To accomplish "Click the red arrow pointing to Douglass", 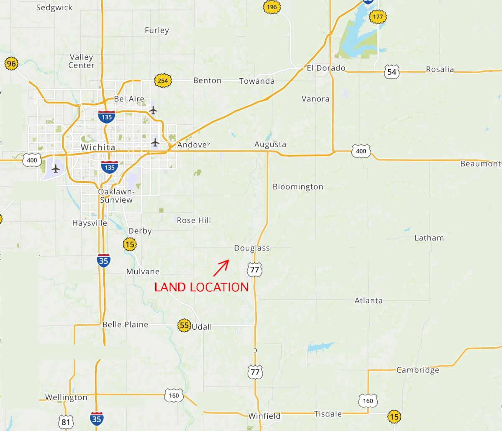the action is [x=221, y=268].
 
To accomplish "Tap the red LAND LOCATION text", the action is [x=201, y=287].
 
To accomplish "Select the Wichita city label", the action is [x=98, y=147].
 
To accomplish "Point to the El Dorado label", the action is [x=326, y=68].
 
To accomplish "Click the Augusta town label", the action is [x=270, y=145].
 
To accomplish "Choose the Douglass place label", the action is [x=252, y=248].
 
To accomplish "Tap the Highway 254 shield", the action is [x=163, y=80].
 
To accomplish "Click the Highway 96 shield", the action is [x=11, y=64].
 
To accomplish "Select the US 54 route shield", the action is [x=392, y=72].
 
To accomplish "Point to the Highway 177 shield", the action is [x=378, y=17].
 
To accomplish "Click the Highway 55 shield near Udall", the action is [x=184, y=325].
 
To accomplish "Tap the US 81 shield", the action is [x=66, y=422].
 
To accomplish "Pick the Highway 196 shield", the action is [x=271, y=7].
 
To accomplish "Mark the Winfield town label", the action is [x=264, y=416].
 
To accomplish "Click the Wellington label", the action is [x=66, y=397].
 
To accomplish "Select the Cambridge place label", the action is [x=418, y=370].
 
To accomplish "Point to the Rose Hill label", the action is [x=194, y=220].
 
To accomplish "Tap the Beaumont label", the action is [x=480, y=164].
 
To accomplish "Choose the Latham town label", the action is [x=429, y=238].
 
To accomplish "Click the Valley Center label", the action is [x=82, y=61].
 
